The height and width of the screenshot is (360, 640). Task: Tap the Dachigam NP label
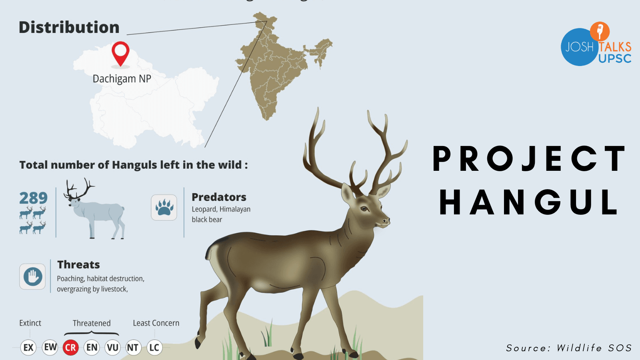coord(122,79)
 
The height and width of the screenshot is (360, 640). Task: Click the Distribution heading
coord(69,28)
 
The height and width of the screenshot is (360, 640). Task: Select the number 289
coord(33,198)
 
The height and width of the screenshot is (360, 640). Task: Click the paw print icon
coord(164,208)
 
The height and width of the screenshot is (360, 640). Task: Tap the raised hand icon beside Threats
coord(32,276)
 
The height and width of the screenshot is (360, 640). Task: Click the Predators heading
coord(219,197)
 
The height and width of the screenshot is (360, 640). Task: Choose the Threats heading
coord(78,265)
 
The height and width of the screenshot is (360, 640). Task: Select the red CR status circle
coord(70,347)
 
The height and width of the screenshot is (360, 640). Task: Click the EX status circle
coord(28,347)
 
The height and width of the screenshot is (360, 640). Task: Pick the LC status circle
coord(154,347)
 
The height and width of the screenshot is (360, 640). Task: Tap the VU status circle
coord(112,347)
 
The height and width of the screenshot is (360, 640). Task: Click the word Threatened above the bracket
coord(92,323)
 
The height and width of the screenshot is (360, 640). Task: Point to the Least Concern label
coord(156,323)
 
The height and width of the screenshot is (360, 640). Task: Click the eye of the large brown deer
coord(364,209)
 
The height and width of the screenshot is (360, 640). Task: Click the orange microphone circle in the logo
coord(600,31)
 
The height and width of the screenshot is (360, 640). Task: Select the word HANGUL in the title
coord(529,202)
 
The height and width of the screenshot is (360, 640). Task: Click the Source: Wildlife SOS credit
coord(568,348)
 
